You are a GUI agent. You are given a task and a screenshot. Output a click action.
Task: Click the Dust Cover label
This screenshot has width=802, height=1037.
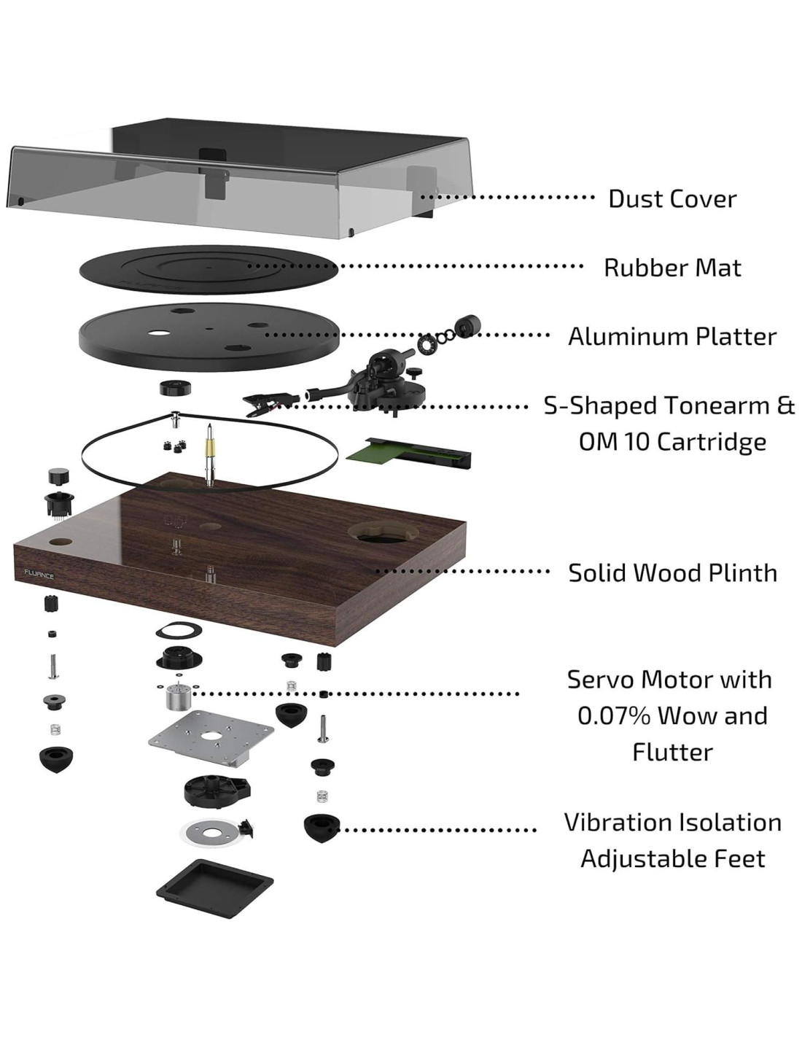click(672, 198)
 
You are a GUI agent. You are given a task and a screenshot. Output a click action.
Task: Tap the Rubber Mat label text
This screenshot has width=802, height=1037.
click(672, 268)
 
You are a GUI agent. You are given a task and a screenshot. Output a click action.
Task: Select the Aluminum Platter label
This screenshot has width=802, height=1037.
click(672, 336)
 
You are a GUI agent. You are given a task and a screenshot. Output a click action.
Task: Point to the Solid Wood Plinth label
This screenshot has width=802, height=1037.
click(672, 572)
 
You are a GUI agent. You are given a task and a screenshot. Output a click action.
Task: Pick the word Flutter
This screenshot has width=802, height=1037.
click(672, 752)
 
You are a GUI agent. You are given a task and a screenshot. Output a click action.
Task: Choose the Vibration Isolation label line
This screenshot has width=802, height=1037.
click(672, 822)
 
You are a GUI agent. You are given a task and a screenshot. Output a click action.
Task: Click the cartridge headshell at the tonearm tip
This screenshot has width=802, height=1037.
click(261, 400)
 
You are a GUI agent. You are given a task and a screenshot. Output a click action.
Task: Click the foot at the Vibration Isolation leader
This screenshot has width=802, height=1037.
click(321, 828)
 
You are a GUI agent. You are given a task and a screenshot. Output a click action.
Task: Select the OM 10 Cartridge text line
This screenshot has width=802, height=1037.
click(672, 441)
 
